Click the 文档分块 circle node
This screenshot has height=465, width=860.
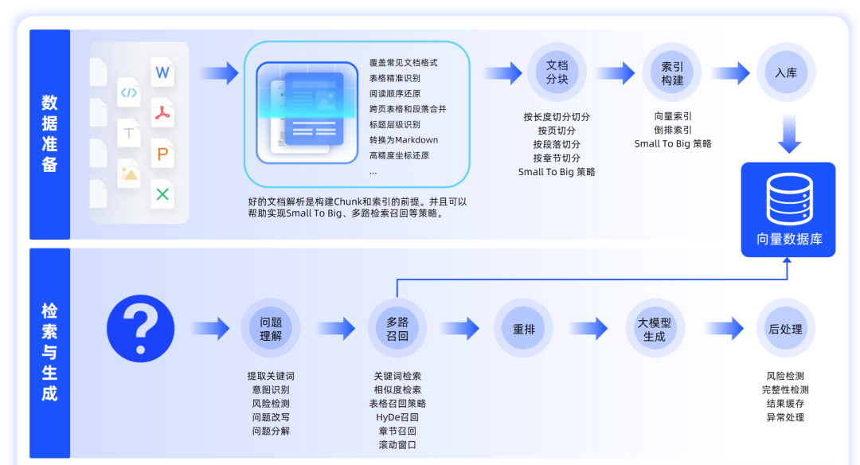[x=557, y=72]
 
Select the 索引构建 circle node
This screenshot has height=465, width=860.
[x=672, y=72]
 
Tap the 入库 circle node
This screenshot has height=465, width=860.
[x=786, y=72]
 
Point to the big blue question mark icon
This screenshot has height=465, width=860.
[x=141, y=328]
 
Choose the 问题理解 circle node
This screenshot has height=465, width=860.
[x=271, y=328]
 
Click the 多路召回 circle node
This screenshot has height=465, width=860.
[x=397, y=328]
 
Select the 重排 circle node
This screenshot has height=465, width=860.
[x=524, y=328]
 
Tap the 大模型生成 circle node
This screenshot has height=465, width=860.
[x=655, y=328]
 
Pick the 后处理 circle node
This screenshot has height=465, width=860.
[x=786, y=328]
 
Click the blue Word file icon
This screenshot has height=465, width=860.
[x=162, y=73]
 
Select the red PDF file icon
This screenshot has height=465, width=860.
[x=162, y=114]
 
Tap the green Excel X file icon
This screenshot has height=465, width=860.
[x=162, y=193]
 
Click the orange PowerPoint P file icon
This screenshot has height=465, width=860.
[x=162, y=154]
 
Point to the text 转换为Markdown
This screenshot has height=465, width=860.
[x=404, y=140]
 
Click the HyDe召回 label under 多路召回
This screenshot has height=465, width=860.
[x=397, y=417]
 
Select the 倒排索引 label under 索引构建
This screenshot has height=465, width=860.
[x=672, y=130]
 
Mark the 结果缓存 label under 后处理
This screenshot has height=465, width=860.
[x=785, y=404]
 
